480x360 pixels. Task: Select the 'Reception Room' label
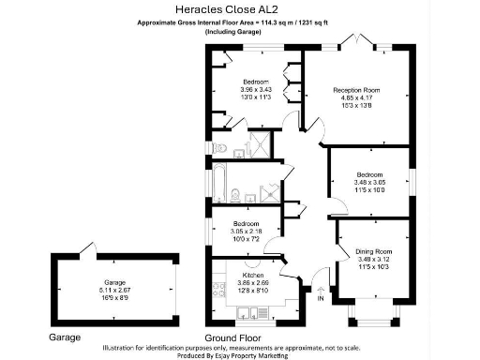[356, 90]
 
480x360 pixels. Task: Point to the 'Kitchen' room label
[253, 275]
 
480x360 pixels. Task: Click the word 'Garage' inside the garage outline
[114, 281]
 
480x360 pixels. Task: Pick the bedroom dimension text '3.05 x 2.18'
[247, 232]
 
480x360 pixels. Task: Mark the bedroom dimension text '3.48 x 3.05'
[369, 182]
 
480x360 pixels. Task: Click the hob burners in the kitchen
[218, 281]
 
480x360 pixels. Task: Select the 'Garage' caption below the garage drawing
[65, 336]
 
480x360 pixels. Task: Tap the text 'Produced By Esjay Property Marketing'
[239, 355]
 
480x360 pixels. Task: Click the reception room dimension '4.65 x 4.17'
[356, 97]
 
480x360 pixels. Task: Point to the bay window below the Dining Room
[369, 316]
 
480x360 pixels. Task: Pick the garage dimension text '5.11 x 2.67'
[114, 289]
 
